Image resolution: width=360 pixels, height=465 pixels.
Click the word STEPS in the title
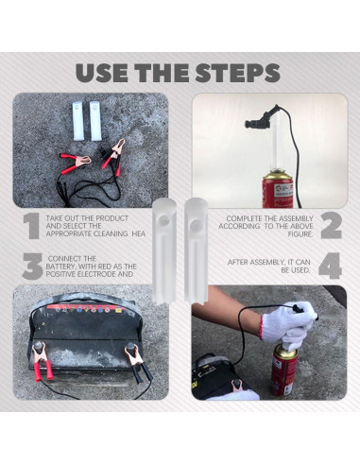(x=228, y=73)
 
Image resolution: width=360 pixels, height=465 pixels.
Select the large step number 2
(x=330, y=227)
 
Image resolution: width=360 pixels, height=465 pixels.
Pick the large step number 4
(x=330, y=267)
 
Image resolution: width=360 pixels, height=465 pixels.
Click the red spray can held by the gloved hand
(x=286, y=370)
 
